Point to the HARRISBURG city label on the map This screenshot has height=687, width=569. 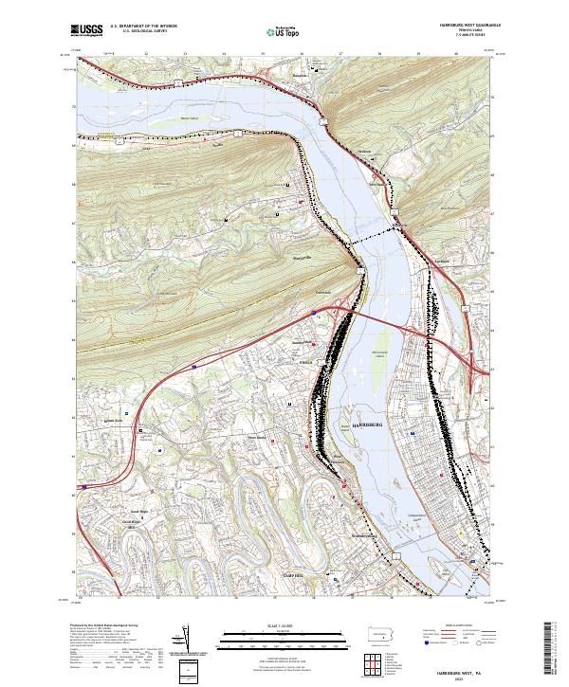[366, 424]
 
